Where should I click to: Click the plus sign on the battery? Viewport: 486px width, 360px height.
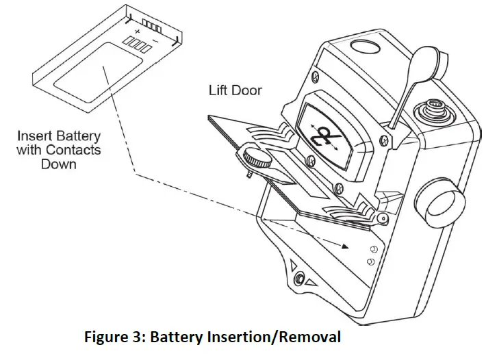pos(138,31)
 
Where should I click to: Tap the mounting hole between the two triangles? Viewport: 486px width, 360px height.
pos(298,277)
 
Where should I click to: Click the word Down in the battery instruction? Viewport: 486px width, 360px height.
pos(60,164)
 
